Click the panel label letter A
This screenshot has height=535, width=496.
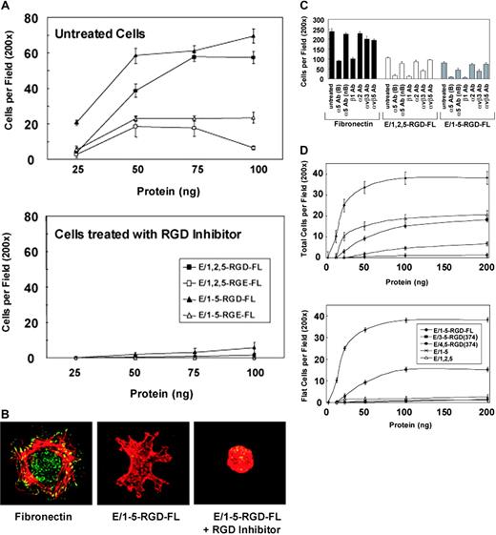[x=8, y=8]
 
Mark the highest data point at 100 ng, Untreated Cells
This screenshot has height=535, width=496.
[x=252, y=36]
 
